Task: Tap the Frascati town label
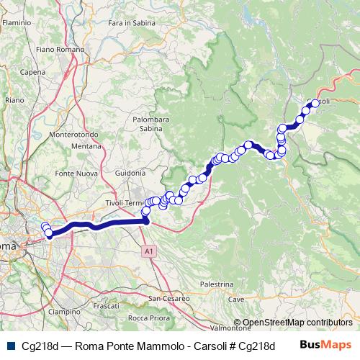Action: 106,306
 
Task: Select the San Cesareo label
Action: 168,297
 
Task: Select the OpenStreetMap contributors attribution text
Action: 297,323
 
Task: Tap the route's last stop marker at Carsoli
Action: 315,103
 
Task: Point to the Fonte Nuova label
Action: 75,174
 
